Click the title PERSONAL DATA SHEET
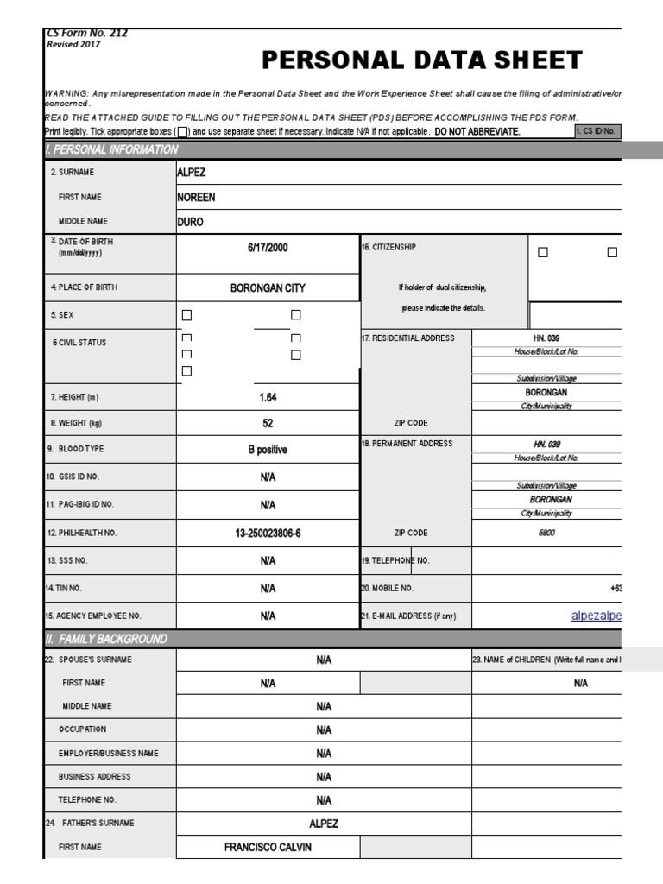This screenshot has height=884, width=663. (x=421, y=60)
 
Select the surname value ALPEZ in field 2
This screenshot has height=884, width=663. (x=192, y=172)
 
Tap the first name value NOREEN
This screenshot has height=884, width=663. (x=196, y=197)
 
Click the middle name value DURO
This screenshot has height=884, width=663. (x=191, y=222)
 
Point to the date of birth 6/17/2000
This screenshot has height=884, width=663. (x=267, y=248)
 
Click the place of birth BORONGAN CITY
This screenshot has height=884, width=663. (x=267, y=287)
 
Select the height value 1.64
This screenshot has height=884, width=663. (x=268, y=398)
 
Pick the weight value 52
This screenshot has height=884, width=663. (x=268, y=423)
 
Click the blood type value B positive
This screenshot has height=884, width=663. (x=268, y=450)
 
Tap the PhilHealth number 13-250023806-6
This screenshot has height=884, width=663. (x=268, y=534)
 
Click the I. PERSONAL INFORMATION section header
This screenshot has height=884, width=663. (x=111, y=149)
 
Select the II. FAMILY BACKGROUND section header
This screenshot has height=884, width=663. (x=106, y=639)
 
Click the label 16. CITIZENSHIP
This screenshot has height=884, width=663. (x=388, y=247)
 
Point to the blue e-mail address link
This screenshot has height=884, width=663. (x=596, y=616)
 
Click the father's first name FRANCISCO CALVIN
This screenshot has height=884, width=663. (x=268, y=848)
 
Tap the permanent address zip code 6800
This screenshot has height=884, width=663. (x=546, y=534)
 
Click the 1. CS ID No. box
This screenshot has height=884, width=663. (x=597, y=131)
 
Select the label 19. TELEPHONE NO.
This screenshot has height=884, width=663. (x=395, y=561)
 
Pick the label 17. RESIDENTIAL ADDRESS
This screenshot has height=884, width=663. (x=407, y=338)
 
